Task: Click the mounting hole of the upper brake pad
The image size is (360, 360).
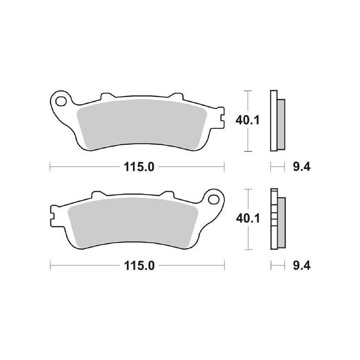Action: tap(61, 101)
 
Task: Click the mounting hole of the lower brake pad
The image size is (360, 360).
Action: tap(213, 199)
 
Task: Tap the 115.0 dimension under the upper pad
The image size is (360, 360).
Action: tap(139, 167)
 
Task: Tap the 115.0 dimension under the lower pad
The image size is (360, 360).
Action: tap(139, 266)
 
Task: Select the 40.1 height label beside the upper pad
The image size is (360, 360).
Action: tap(247, 120)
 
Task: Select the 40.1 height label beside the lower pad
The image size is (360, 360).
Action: tap(248, 218)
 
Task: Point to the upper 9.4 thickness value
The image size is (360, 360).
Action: tap(301, 167)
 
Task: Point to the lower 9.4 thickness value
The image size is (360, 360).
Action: tap(301, 266)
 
